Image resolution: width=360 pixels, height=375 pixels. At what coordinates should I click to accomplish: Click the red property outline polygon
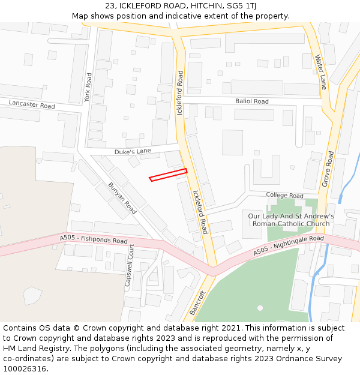(x=168, y=175)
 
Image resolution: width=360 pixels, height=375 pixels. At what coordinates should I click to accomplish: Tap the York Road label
(x=88, y=88)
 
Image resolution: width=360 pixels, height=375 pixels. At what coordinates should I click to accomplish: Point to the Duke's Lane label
(x=133, y=151)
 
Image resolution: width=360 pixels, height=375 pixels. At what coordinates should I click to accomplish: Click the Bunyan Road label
(x=122, y=199)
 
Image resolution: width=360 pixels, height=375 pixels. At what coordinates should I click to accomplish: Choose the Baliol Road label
(x=252, y=101)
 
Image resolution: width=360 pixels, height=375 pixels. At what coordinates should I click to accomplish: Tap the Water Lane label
(x=321, y=72)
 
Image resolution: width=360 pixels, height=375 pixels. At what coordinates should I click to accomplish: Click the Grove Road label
(x=328, y=169)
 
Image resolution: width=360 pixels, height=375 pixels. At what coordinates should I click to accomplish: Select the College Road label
(x=285, y=196)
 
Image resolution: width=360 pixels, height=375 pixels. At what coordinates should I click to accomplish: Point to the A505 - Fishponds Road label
(x=94, y=239)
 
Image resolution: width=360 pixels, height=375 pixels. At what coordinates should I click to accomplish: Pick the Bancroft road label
(x=197, y=303)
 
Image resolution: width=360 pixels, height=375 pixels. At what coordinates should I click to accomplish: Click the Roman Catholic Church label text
(x=291, y=224)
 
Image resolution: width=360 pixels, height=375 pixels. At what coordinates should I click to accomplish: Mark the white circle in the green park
(x=260, y=308)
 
